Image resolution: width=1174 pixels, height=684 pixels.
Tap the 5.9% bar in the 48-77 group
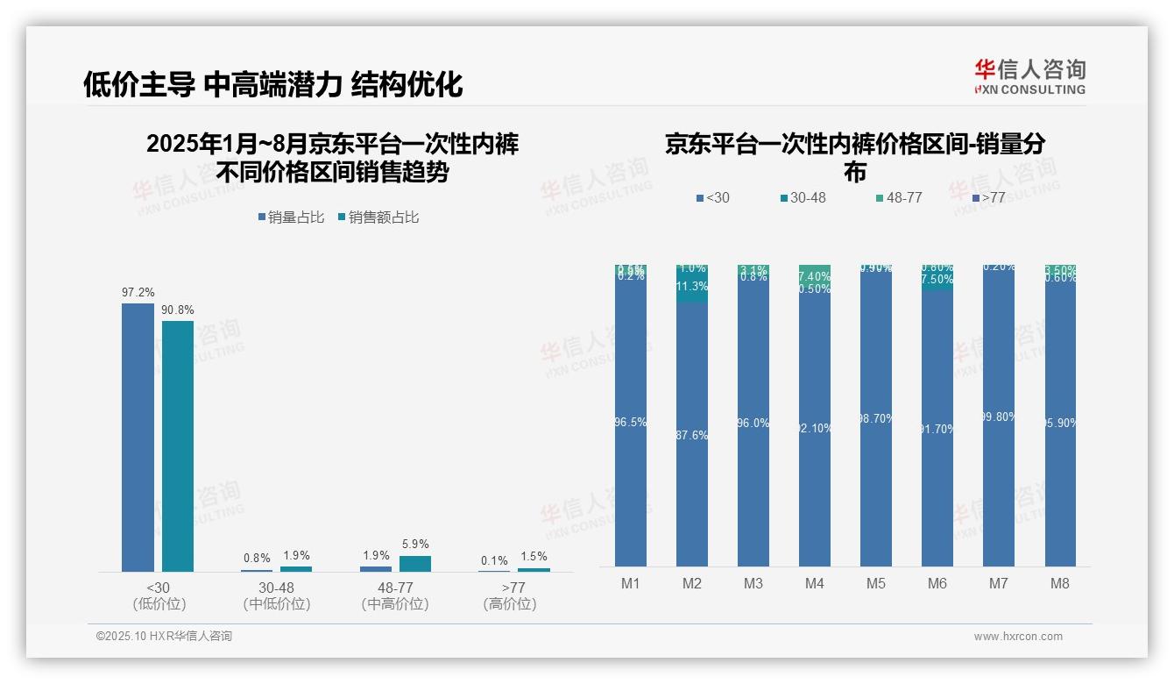[415, 563]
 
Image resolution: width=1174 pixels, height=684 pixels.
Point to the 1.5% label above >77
[533, 556]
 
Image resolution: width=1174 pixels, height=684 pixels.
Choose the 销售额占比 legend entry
[378, 217]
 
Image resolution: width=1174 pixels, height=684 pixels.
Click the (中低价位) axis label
[276, 604]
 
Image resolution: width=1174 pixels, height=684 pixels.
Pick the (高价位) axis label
[510, 604]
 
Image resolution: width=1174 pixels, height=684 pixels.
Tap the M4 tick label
[814, 584]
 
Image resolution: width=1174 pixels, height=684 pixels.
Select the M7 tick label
[998, 584]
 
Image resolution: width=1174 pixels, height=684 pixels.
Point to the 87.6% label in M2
[692, 435]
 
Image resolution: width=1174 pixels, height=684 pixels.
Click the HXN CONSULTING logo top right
[1029, 77]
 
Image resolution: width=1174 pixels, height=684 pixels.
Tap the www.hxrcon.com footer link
[1018, 637]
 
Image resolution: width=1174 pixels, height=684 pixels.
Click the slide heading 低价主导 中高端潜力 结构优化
[272, 84]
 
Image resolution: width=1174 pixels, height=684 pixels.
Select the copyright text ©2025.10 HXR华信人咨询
[164, 637]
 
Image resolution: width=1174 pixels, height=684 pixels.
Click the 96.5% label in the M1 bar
[631, 422]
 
